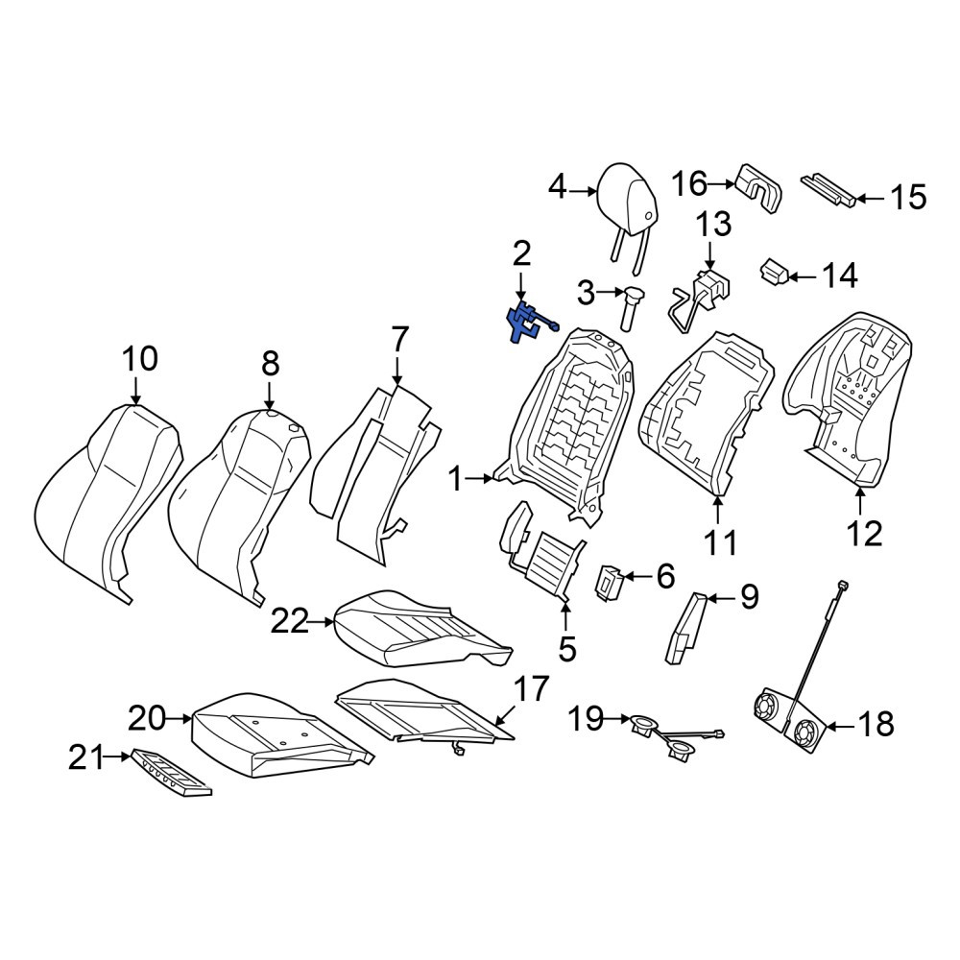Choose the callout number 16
[690, 183]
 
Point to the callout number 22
[290, 623]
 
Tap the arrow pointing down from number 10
[135, 391]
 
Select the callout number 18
[876, 724]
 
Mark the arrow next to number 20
[180, 719]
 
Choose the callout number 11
[720, 541]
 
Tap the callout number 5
[567, 648]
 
